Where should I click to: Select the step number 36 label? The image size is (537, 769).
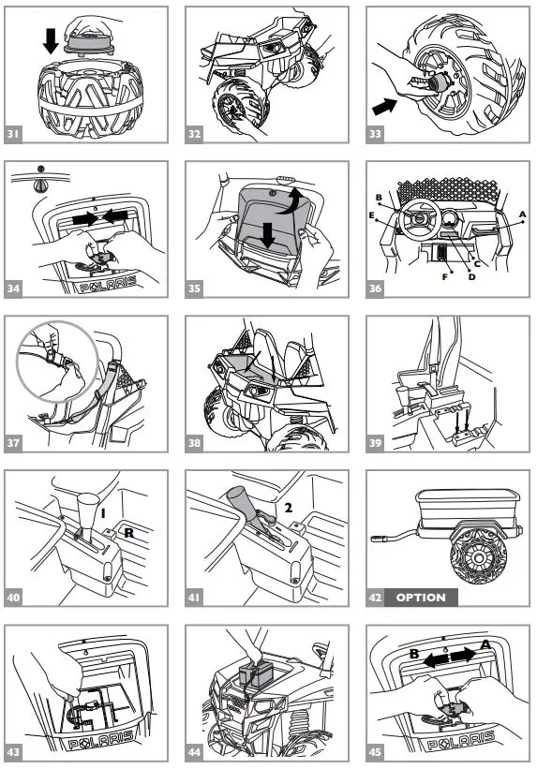[x=376, y=288]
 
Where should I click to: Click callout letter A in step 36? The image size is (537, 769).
[x=523, y=214]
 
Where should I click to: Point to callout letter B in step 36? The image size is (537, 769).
[x=379, y=198]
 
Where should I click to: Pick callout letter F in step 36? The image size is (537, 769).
[x=445, y=277]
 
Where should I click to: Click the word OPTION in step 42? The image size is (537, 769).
[x=421, y=598]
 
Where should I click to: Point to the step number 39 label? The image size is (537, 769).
[x=376, y=442]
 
